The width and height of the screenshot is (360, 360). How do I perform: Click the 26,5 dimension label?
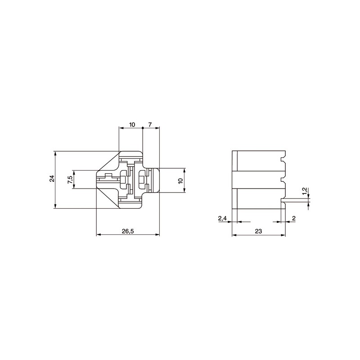pos(128,231)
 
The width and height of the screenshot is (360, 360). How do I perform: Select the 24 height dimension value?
pos(52,178)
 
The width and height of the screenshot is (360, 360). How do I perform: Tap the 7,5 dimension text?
pos(70,178)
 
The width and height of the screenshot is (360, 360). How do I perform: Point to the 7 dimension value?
pos(150,125)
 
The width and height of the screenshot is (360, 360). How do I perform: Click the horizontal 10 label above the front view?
pos(132,125)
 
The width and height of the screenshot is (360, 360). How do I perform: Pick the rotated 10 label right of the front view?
pos(180,180)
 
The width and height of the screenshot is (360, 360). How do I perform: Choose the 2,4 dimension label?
pos(222,218)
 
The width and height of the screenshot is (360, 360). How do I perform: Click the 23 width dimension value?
pos(258,231)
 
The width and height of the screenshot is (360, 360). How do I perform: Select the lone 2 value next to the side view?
pos(294,218)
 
